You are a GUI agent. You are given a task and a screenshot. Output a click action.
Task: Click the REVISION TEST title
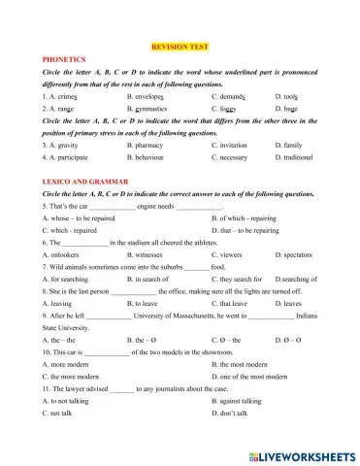coord(180,47)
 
